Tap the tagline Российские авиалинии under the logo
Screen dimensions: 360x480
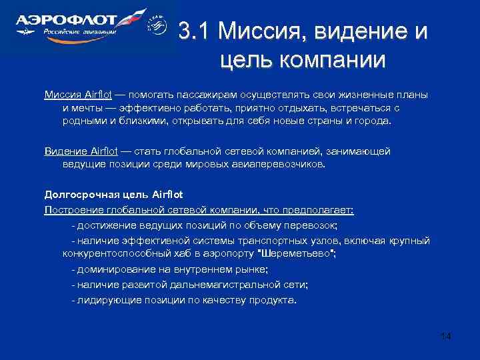pyautogui.click(x=79, y=31)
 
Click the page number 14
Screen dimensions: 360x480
pyautogui.click(x=445, y=336)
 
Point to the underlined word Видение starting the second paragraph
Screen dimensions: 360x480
pyautogui.click(x=64, y=151)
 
